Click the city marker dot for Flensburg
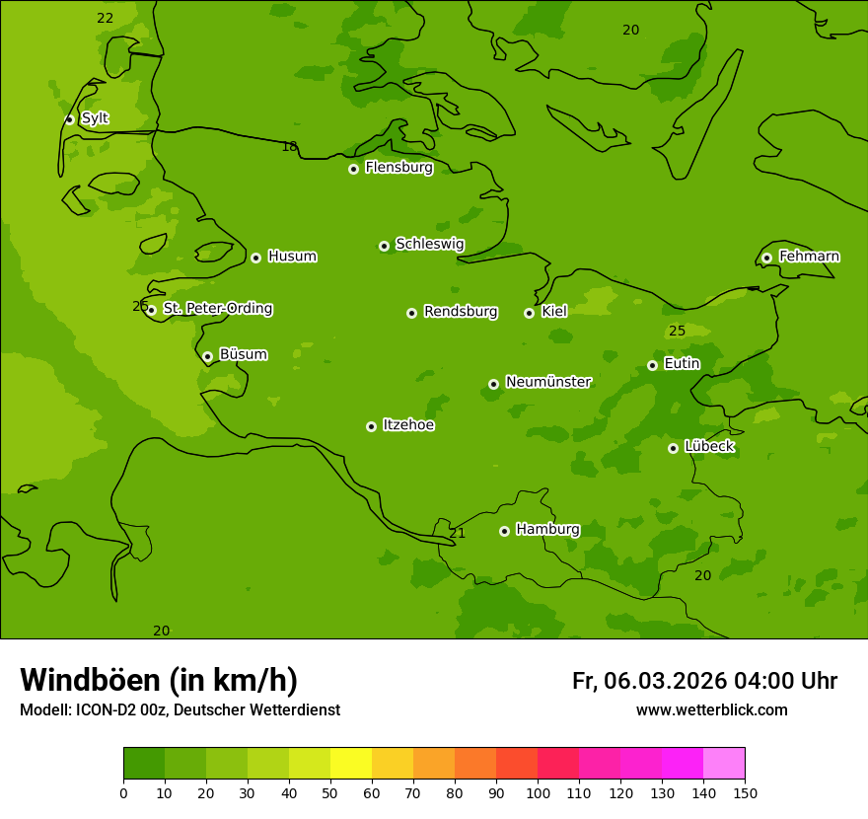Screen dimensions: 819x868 353,169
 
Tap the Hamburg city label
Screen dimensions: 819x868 547,529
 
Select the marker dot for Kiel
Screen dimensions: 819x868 529,313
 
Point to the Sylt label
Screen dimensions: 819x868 95,118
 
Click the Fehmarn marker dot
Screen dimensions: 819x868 766,258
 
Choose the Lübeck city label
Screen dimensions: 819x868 708,446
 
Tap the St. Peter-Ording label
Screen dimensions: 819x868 217,308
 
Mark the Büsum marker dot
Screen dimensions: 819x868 207,356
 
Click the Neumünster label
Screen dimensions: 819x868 547,382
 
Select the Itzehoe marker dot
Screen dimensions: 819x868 371,426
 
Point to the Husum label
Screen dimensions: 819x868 292,257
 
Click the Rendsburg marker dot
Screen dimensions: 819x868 411,313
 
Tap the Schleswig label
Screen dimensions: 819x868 429,244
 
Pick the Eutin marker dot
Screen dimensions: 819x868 652,365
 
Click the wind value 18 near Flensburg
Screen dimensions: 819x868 289,147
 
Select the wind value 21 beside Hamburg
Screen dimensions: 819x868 458,533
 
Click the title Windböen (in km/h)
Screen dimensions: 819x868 159,680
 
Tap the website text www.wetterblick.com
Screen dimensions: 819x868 711,709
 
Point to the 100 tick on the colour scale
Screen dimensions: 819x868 538,792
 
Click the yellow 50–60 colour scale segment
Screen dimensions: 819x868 351,763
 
